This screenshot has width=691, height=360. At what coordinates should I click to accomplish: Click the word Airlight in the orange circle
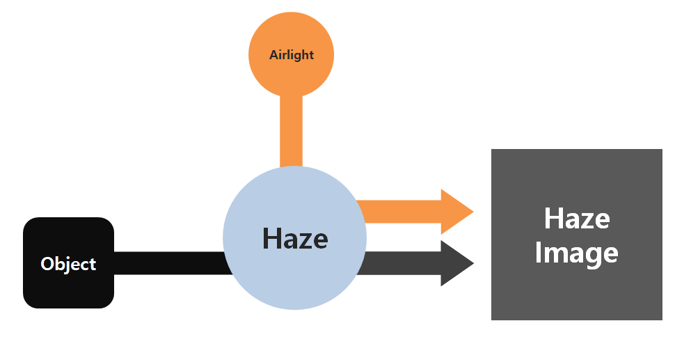tap(292, 55)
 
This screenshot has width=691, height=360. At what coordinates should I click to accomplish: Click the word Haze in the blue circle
tap(295, 239)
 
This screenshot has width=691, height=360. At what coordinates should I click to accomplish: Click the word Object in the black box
tap(68, 264)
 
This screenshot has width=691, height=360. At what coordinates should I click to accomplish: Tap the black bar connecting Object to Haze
tap(170, 263)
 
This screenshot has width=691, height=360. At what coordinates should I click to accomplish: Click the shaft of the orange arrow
tap(400, 211)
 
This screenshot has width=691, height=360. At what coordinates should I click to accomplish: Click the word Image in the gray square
tap(576, 253)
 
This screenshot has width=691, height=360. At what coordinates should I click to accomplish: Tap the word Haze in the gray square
tap(576, 219)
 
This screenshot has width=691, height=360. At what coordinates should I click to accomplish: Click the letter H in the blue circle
tap(272, 239)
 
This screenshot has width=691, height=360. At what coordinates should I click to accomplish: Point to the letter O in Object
tap(47, 264)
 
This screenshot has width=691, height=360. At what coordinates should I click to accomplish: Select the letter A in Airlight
tap(274, 55)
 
